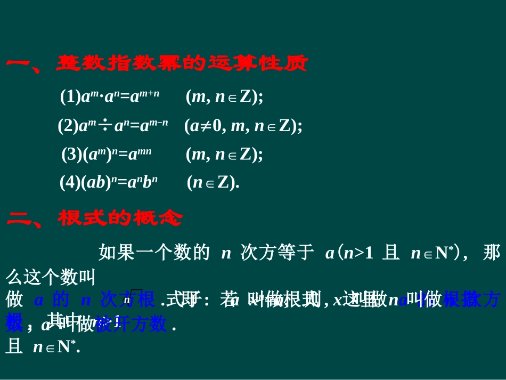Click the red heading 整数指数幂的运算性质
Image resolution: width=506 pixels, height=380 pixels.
[182, 64]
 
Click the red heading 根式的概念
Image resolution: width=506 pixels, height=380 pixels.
[120, 218]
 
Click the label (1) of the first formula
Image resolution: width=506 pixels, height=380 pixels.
[70, 97]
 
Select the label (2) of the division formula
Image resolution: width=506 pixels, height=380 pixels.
[68, 126]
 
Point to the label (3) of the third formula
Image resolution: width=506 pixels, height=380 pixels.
[71, 155]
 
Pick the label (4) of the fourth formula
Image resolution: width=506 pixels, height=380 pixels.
[70, 183]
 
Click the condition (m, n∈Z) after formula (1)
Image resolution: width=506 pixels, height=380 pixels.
[224, 97]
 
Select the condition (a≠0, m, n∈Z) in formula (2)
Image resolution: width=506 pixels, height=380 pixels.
[243, 126]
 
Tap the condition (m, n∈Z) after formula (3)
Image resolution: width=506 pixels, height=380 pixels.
[224, 155]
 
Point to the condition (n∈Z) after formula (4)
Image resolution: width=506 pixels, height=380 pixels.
[213, 183]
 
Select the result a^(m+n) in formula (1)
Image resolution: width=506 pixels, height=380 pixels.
[145, 96]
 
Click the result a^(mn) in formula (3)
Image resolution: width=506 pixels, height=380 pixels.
[141, 155]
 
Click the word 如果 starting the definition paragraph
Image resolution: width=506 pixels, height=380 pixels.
[117, 253]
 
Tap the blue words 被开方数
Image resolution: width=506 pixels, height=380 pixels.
[131, 324]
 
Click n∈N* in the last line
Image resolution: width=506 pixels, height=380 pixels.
[56, 347]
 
